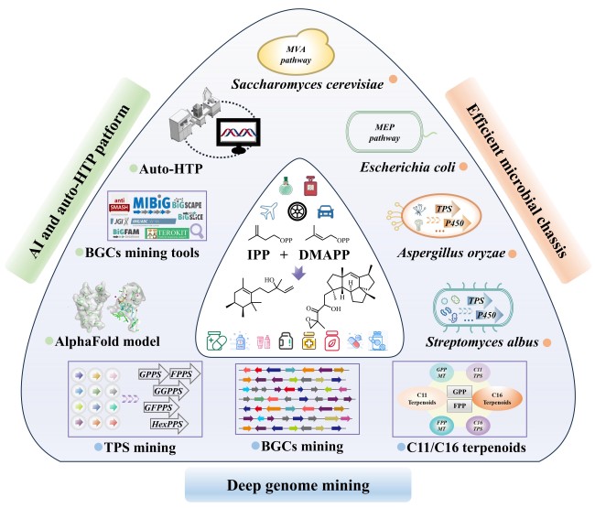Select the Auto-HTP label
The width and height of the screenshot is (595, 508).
(x=170, y=169)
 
